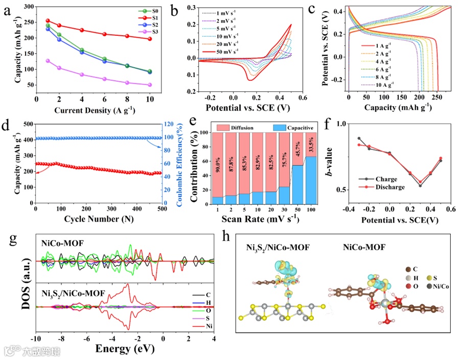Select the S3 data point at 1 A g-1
(48, 61)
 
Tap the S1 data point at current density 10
(149, 39)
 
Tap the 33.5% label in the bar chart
(311, 146)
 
